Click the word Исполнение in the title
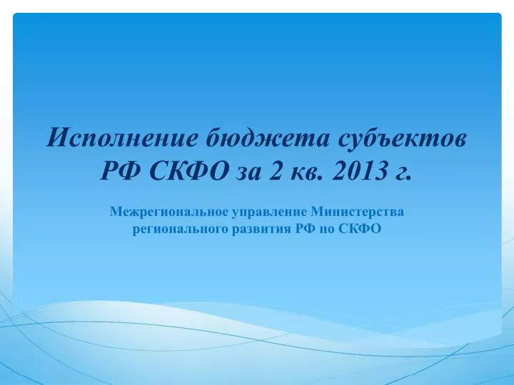(122, 138)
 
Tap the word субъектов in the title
(402, 138)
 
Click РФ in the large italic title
(121, 170)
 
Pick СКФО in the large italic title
(189, 170)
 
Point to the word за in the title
(249, 173)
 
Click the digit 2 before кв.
(276, 170)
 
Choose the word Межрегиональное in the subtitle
(168, 212)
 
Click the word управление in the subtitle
(270, 212)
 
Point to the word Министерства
(358, 212)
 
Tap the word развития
(261, 229)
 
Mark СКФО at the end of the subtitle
(360, 229)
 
